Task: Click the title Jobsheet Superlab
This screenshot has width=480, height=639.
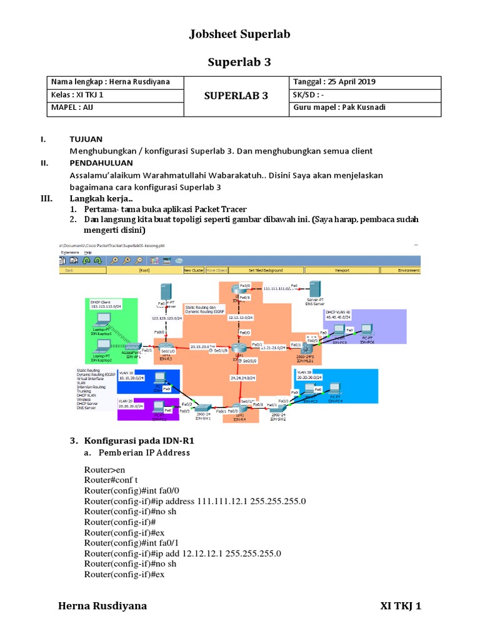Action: click(x=240, y=34)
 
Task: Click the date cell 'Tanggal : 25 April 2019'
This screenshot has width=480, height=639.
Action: click(x=334, y=82)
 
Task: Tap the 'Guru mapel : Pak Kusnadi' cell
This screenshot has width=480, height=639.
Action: click(x=340, y=107)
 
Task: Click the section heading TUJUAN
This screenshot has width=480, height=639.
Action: click(x=86, y=139)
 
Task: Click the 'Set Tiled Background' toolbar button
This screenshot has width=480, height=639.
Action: click(x=266, y=270)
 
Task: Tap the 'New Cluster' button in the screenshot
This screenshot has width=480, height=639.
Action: click(x=194, y=270)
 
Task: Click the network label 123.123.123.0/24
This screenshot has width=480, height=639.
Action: click(x=167, y=318)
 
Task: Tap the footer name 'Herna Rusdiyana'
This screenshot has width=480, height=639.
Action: click(x=102, y=606)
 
